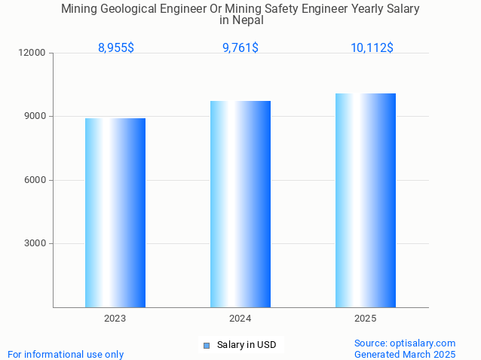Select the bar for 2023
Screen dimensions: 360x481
[115, 212]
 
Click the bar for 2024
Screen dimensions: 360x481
[240, 204]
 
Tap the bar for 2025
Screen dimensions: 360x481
[366, 200]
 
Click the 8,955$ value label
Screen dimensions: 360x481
[116, 47]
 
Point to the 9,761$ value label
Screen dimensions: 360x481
[240, 47]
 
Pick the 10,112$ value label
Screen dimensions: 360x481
[372, 47]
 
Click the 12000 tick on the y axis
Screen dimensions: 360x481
[33, 53]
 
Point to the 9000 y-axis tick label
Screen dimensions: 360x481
[35, 117]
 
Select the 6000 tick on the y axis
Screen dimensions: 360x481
[35, 180]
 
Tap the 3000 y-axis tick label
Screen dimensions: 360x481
[35, 243]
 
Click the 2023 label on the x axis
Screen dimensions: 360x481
[115, 319]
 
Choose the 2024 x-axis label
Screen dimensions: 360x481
[240, 319]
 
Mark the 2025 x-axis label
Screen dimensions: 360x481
[366, 319]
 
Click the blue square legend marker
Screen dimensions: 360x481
[206, 346]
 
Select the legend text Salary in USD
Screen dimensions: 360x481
[247, 346]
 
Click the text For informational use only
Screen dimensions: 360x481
[66, 354]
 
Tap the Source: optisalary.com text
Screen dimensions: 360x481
[405, 343]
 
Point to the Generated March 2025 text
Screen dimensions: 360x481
[405, 354]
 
